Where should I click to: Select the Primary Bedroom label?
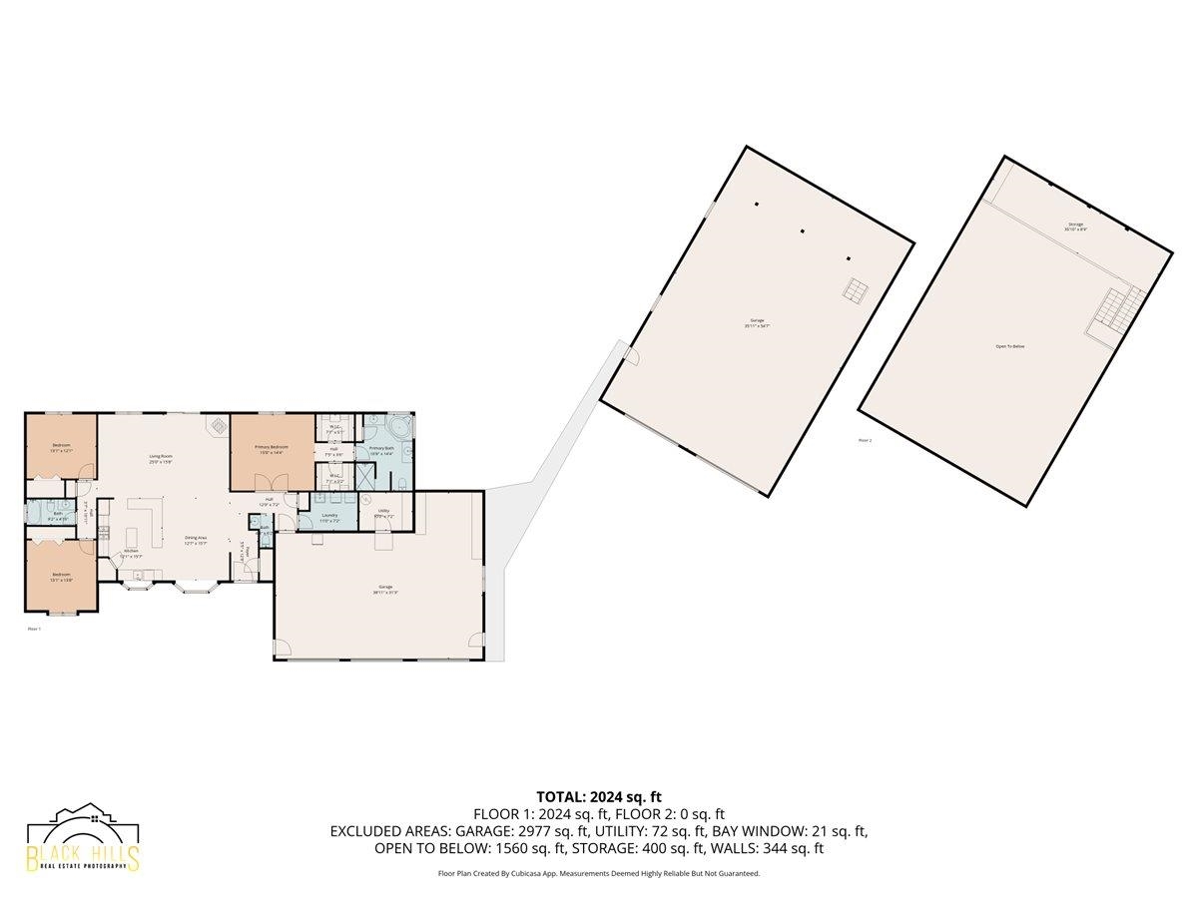(x=272, y=449)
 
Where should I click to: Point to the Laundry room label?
(x=328, y=517)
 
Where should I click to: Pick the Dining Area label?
(x=196, y=540)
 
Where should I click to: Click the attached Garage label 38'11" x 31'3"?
(x=384, y=589)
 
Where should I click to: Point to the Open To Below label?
(x=1009, y=346)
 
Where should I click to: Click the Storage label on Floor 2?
(x=1075, y=226)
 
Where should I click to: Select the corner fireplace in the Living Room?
(x=215, y=425)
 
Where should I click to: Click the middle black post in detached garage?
(x=803, y=231)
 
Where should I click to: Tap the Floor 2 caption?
(x=865, y=439)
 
